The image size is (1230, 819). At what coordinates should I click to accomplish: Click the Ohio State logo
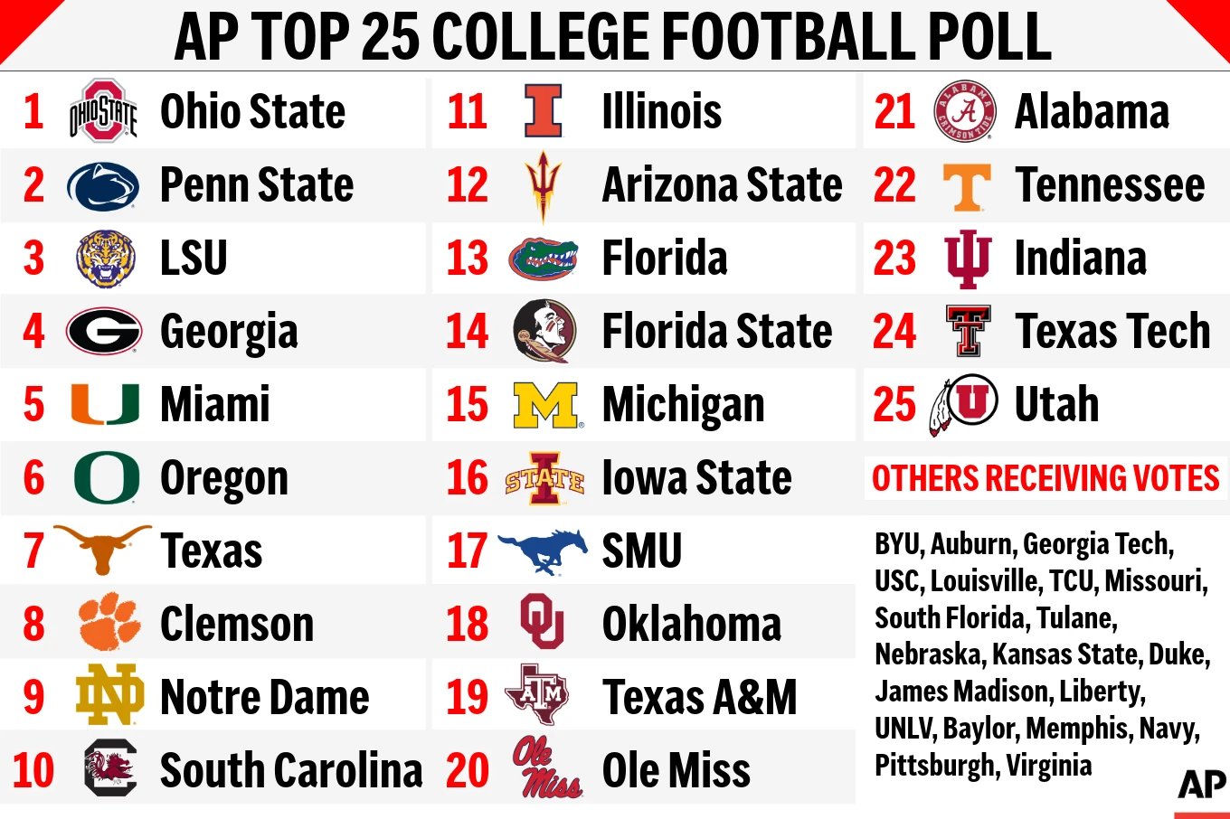coord(103,111)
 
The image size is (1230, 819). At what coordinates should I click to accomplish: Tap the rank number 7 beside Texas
coord(33,551)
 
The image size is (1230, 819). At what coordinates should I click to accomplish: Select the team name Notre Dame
coord(264,697)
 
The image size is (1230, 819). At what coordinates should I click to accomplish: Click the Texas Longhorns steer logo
coord(102,548)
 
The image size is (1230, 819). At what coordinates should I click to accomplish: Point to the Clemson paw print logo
coord(109,622)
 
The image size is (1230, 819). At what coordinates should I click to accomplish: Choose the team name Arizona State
coord(722,185)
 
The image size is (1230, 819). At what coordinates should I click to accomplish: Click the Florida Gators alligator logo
coord(544,259)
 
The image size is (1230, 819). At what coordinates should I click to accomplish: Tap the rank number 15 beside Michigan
coord(467,405)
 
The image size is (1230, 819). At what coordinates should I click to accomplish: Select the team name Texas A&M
coord(699,697)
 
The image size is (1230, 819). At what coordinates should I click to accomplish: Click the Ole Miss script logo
coord(545,768)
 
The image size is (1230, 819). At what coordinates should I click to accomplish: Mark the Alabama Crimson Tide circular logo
coord(965,111)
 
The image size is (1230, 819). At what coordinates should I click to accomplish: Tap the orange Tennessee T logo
coord(966,186)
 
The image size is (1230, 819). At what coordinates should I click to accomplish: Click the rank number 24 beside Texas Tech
coord(894,332)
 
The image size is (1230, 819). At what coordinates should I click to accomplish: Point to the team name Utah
coord(1056,405)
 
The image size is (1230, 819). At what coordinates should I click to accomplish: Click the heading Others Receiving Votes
coord(1045,478)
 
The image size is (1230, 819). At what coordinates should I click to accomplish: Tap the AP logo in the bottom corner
coord(1202,784)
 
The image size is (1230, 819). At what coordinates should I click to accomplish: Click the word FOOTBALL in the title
coord(780,37)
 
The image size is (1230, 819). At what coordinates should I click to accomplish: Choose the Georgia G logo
coord(104,332)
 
